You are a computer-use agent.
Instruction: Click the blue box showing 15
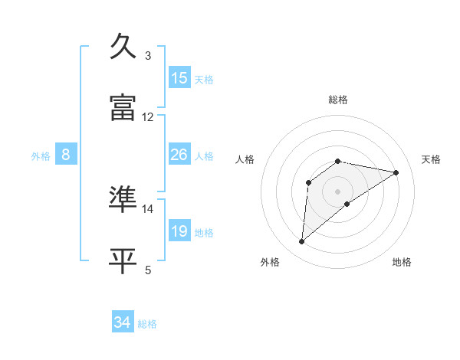tap(179, 78)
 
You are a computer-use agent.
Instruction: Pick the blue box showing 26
tap(179, 155)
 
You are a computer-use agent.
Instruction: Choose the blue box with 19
tap(179, 231)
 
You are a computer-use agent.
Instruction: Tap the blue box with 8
tap(66, 155)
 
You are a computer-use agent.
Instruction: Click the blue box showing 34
tap(123, 322)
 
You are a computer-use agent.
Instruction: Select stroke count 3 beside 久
tap(147, 55)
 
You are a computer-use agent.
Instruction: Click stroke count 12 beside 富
tap(148, 116)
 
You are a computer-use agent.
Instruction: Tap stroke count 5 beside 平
tap(147, 270)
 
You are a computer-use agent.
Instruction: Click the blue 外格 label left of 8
tap(41, 156)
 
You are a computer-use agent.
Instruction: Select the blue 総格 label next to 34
tap(147, 324)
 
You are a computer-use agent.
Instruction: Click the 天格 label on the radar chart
tap(431, 159)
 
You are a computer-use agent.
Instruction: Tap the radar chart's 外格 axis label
tap(270, 262)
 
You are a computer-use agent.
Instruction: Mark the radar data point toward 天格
tap(396, 172)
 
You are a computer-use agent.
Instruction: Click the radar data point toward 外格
tap(302, 242)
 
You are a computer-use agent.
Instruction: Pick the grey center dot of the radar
tap(338, 191)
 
